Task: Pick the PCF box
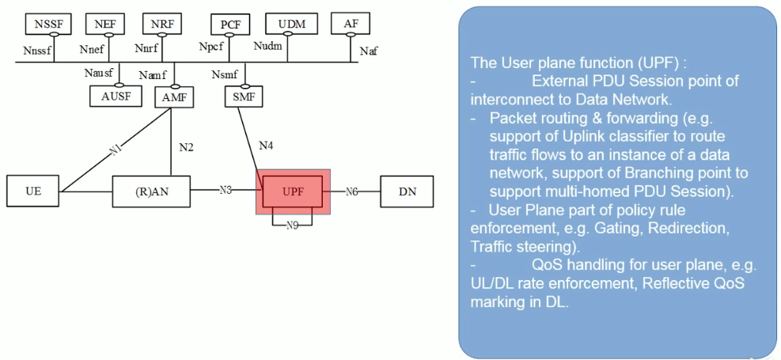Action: tap(230, 25)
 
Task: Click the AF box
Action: tap(351, 25)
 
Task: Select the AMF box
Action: tap(173, 97)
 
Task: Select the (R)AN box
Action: tap(150, 191)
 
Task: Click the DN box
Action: tap(407, 191)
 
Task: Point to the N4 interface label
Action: tap(267, 146)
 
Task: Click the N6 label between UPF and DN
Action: tap(352, 191)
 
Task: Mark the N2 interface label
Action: tap(186, 147)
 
